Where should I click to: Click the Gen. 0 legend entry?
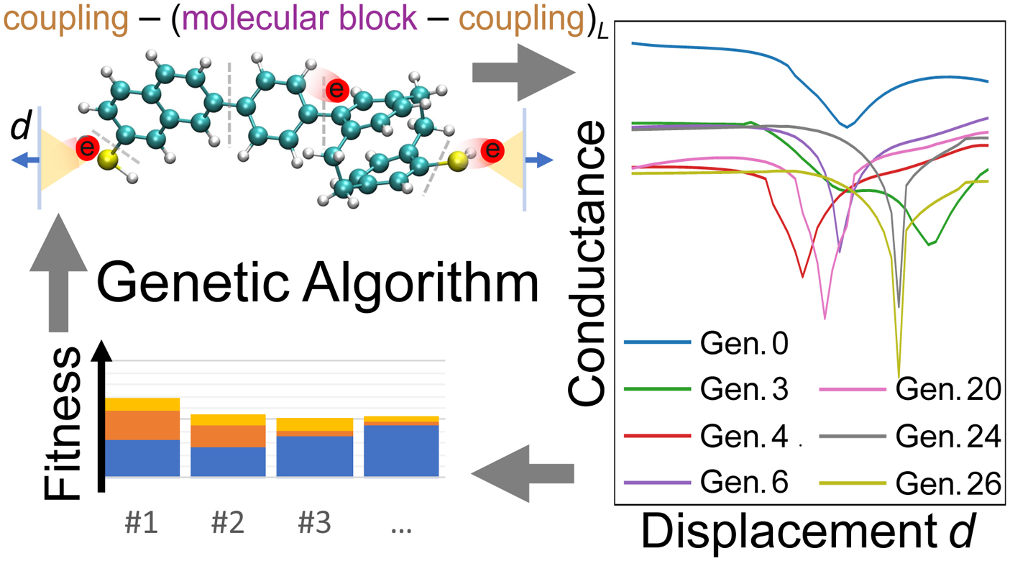[745, 344]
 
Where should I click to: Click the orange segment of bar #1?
[142, 425]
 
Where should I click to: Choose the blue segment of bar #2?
[228, 461]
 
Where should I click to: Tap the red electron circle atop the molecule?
[336, 90]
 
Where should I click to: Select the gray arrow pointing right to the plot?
[518, 73]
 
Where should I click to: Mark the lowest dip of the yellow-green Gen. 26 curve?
[899, 373]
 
